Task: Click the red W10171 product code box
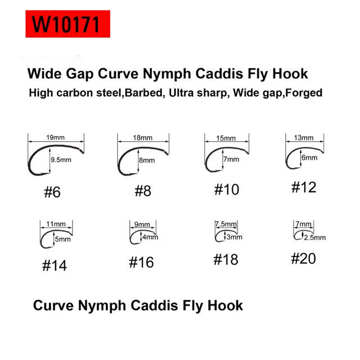click(x=67, y=24)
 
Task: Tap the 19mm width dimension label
click(x=55, y=137)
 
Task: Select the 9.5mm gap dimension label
click(x=61, y=160)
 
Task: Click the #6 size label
click(x=52, y=192)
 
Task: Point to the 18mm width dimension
click(x=142, y=137)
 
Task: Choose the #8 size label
click(x=143, y=191)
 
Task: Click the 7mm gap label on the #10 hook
click(x=231, y=159)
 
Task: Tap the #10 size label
click(x=227, y=190)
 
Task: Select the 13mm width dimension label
click(x=304, y=138)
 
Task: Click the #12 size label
click(x=304, y=187)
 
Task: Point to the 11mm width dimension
click(x=56, y=224)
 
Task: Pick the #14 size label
click(x=55, y=265)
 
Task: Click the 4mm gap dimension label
click(x=150, y=237)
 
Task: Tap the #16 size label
click(x=141, y=263)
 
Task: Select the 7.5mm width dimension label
click(x=226, y=224)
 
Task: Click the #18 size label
click(x=226, y=260)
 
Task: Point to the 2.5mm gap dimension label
click(x=315, y=237)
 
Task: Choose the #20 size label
click(x=304, y=259)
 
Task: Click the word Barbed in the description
click(x=143, y=93)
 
